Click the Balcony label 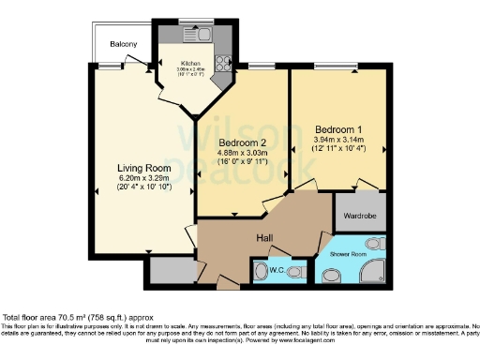tap(123, 44)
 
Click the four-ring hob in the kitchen tap(224, 63)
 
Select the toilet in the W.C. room tap(295, 272)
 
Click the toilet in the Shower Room tap(332, 276)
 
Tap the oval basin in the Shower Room tap(374, 244)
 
